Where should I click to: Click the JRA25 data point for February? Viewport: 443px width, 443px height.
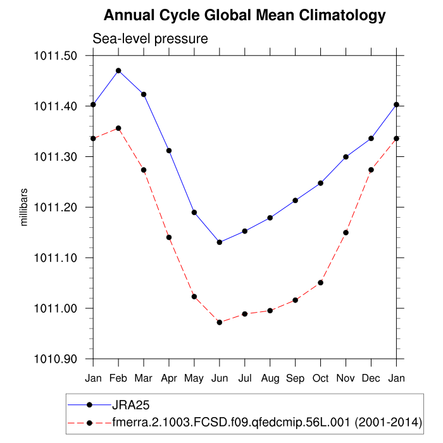pyautogui.click(x=118, y=70)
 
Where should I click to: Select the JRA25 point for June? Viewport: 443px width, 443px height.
pyautogui.click(x=220, y=242)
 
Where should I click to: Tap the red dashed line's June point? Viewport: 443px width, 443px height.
pyautogui.click(x=220, y=322)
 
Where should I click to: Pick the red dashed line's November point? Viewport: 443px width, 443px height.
pyautogui.click(x=346, y=232)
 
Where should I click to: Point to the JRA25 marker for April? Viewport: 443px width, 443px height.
pyautogui.click(x=169, y=150)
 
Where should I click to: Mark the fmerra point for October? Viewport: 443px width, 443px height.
pyautogui.click(x=321, y=282)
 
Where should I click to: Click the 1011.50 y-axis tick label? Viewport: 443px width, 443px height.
pyautogui.click(x=56, y=56)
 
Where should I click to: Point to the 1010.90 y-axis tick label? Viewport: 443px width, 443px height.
pyautogui.click(x=56, y=359)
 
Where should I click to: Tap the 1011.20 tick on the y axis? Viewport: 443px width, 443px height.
pyautogui.click(x=56, y=207)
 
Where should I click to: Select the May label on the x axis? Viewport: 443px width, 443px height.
pyautogui.click(x=194, y=378)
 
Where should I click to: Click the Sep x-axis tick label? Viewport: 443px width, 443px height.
pyautogui.click(x=296, y=378)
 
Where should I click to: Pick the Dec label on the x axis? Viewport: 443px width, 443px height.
pyautogui.click(x=371, y=378)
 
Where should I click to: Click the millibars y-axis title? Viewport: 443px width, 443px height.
pyautogui.click(x=23, y=207)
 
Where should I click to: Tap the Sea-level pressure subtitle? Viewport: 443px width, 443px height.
pyautogui.click(x=151, y=39)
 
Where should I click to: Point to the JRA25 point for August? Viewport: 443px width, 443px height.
pyautogui.click(x=270, y=218)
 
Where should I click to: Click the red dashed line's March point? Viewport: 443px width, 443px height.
pyautogui.click(x=144, y=170)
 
